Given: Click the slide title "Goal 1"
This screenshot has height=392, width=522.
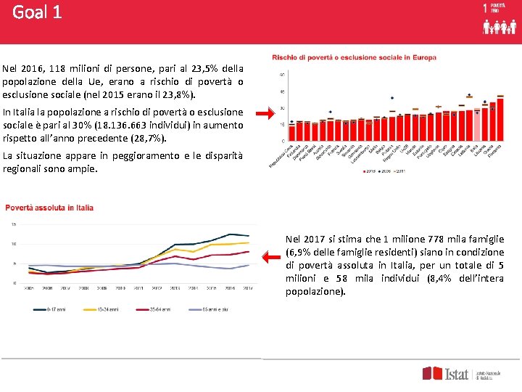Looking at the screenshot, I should pyautogui.click(x=37, y=12).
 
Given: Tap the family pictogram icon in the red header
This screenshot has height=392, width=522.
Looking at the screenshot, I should pyautogui.click(x=500, y=27).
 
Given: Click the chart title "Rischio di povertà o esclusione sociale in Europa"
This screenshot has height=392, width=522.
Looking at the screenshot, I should pyautogui.click(x=354, y=57).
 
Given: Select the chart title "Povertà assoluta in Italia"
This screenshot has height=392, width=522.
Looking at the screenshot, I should pyautogui.click(x=49, y=208).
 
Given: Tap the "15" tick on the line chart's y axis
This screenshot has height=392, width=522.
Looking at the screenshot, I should pyautogui.click(x=14, y=224).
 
